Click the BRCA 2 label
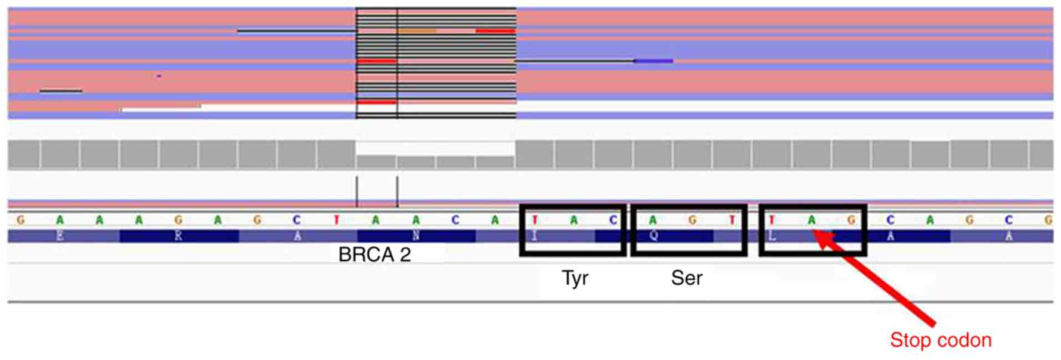[374, 255]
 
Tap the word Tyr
[575, 278]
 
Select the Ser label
[687, 278]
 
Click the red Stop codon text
[941, 340]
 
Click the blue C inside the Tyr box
[613, 220]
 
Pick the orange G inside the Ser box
[692, 220]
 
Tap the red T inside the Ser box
[732, 220]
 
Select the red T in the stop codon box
[771, 220]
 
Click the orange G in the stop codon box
[851, 220]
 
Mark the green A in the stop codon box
[811, 220]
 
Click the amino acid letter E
[60, 236]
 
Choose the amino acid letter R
[178, 236]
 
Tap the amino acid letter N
[416, 236]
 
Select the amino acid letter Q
[653, 236]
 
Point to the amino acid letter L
[772, 236]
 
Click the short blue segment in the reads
[653, 60]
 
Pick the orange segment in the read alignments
[417, 31]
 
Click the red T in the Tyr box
[534, 220]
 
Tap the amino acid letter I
[534, 236]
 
